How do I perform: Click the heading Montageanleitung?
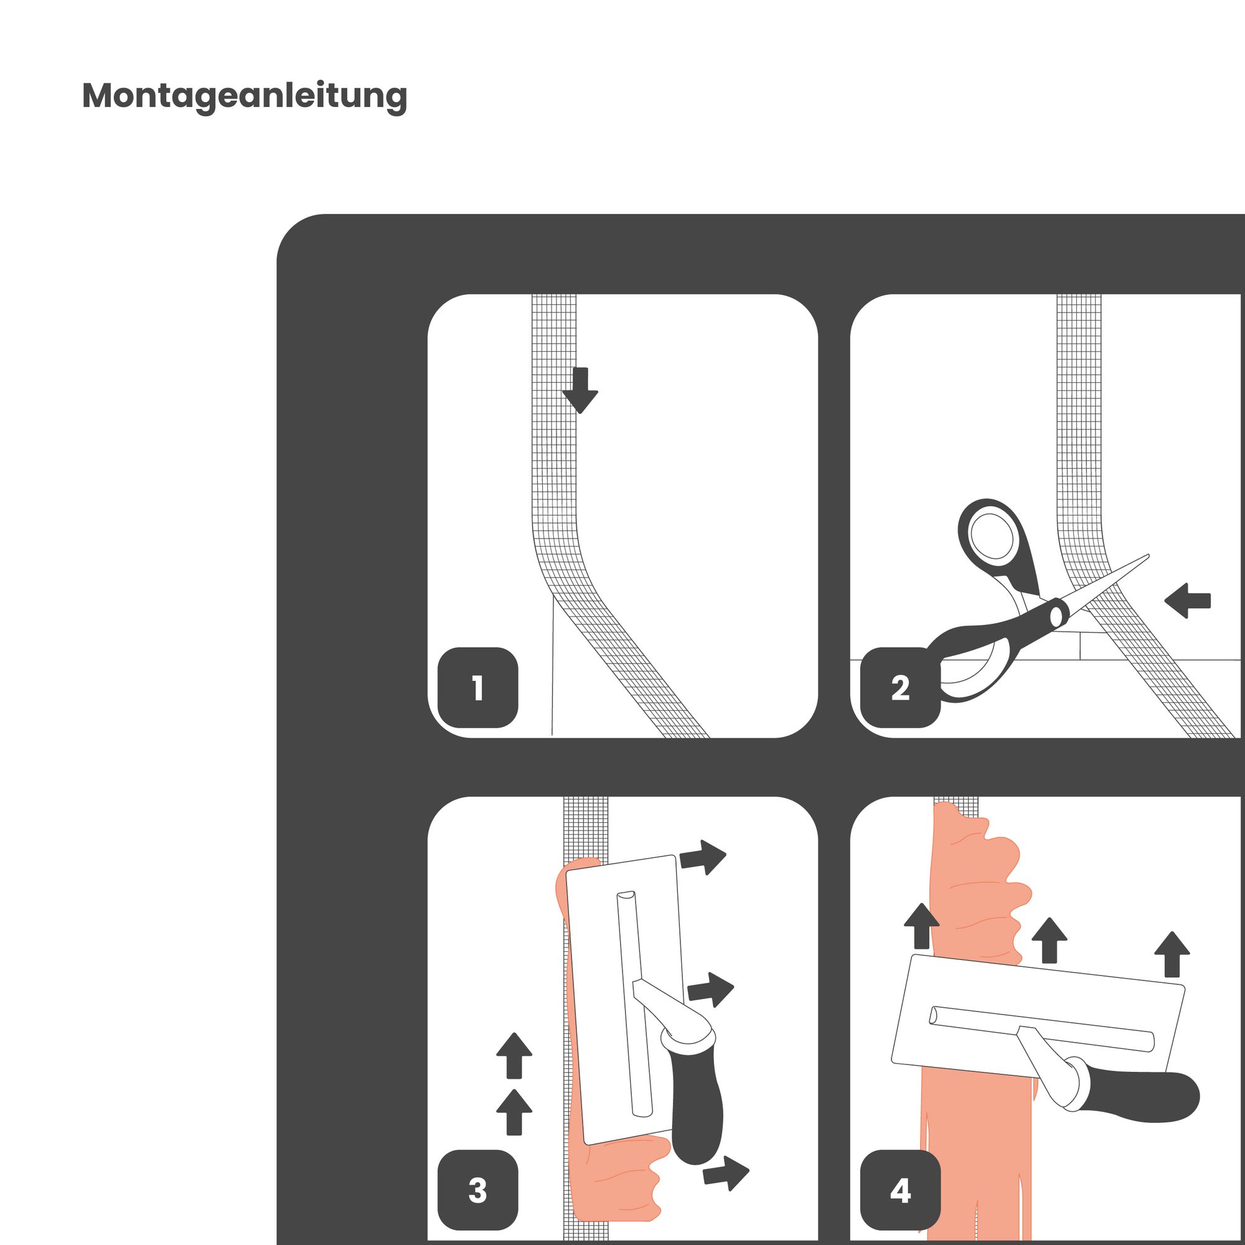coord(245,96)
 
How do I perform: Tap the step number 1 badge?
coord(477,688)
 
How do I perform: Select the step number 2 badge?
coord(900,688)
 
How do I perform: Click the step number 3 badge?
coord(477,1190)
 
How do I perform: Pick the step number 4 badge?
coord(900,1190)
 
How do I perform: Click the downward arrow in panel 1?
coord(581,390)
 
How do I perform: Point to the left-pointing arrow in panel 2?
coord(1188,601)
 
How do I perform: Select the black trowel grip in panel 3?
coord(696,1106)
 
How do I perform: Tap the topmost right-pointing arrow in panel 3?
coord(703,858)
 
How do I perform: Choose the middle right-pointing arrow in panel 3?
coord(711,990)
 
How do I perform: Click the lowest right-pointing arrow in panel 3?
coord(726,1173)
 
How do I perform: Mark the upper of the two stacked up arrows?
coord(514,1056)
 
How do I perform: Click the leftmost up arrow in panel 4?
coord(922,926)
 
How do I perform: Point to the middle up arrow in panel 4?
coord(1050,940)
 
